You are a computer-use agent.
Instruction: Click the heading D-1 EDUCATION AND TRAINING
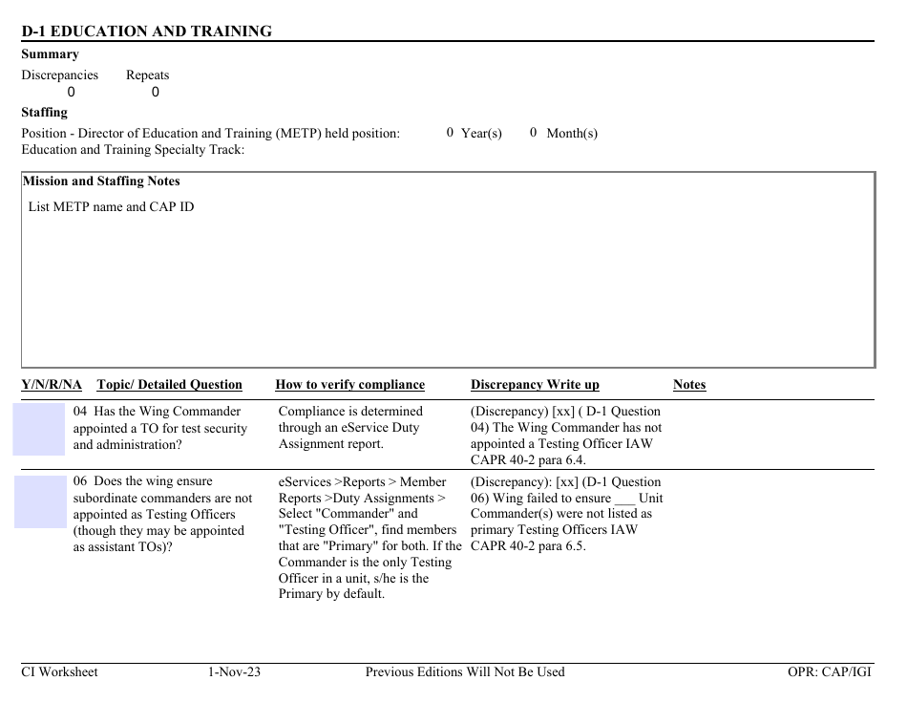tap(146, 32)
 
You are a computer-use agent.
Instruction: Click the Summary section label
tap(50, 54)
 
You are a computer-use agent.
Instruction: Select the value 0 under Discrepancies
tap(71, 93)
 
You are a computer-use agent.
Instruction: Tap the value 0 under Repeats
tap(156, 93)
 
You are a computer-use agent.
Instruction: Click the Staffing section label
tap(44, 113)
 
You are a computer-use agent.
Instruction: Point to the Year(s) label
tap(481, 134)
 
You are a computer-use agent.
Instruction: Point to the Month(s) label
tap(572, 134)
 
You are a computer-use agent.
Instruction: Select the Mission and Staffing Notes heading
tap(101, 181)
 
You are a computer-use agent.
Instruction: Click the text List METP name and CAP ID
tap(111, 207)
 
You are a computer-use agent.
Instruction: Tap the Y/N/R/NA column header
tap(52, 385)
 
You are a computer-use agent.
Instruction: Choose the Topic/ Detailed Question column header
tap(169, 385)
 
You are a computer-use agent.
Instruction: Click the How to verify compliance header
tap(349, 385)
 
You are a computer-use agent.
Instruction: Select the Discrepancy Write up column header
tap(535, 385)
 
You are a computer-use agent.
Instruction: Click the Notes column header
tap(689, 385)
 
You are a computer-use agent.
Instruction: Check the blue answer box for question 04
tap(38, 429)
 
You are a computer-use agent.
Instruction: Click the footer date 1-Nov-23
tap(234, 672)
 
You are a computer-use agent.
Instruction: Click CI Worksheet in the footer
tap(59, 672)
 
